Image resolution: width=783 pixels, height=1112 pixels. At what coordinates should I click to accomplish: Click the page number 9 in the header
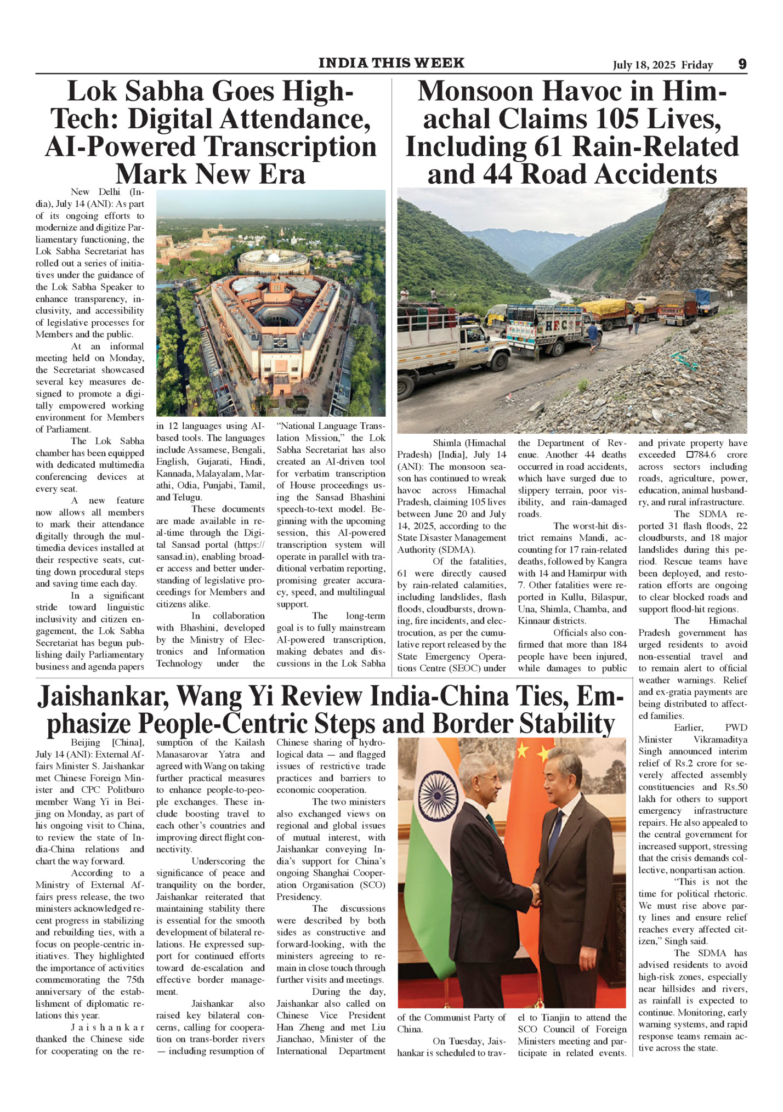742,64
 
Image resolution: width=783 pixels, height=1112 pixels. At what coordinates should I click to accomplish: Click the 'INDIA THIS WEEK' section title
392,63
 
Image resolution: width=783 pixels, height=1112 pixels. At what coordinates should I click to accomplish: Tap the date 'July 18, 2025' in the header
644,65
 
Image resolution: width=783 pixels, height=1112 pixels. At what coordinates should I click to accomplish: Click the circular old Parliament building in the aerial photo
273,262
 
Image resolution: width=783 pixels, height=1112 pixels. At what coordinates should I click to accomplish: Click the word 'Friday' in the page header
697,65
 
